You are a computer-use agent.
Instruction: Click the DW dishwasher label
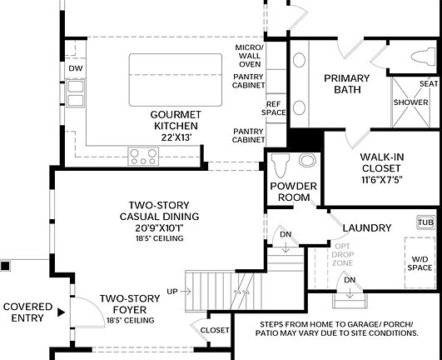click(x=76, y=68)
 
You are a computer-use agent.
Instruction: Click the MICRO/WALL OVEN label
click(x=249, y=54)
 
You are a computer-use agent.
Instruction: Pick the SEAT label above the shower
click(x=429, y=84)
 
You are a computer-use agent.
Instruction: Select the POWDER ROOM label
click(x=291, y=192)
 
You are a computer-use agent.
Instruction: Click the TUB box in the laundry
click(x=425, y=222)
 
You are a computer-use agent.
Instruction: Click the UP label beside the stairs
click(x=172, y=291)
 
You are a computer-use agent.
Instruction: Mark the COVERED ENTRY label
click(x=27, y=312)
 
